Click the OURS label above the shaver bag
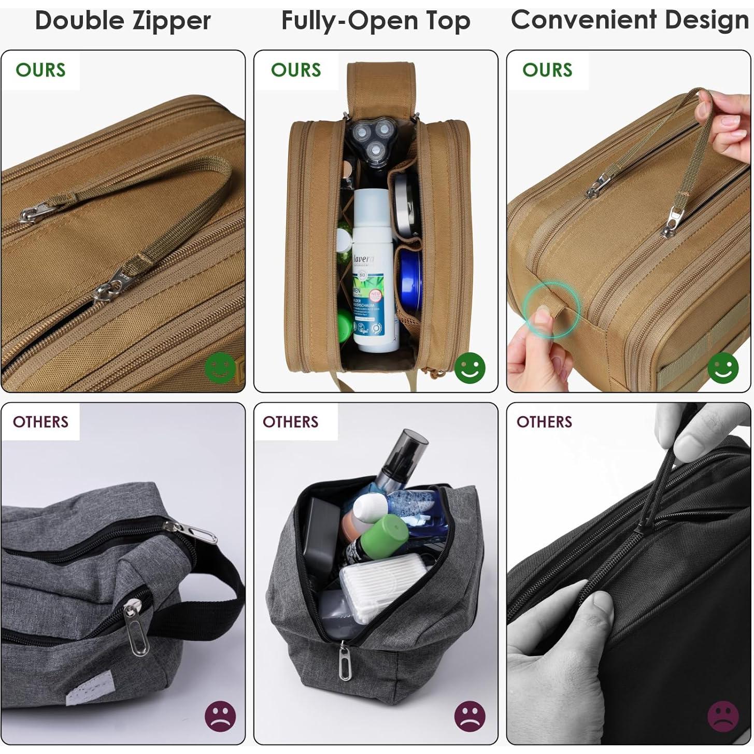tap(296, 70)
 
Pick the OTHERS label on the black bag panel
tap(544, 422)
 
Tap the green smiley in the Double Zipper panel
tap(220, 368)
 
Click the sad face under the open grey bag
tap(470, 716)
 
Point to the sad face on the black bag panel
tap(723, 716)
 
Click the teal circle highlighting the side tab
tap(550, 310)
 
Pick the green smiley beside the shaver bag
tap(470, 368)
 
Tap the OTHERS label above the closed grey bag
tap(40, 422)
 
